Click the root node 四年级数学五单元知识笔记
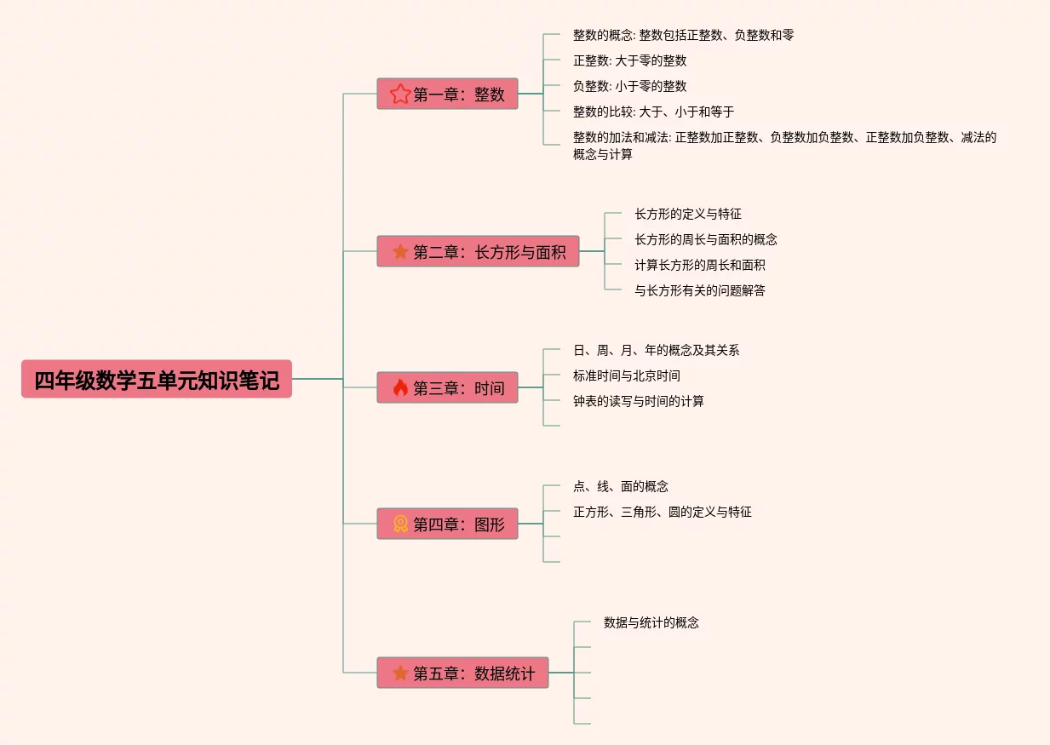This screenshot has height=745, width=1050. tap(157, 379)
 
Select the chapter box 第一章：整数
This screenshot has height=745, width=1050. tap(447, 94)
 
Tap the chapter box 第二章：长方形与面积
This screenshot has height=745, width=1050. tap(478, 251)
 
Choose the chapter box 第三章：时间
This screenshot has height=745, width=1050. tap(447, 387)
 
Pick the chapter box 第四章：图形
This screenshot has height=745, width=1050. tap(447, 524)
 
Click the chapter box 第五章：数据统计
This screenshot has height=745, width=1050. tap(462, 673)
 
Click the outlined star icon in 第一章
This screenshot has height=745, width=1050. tap(400, 94)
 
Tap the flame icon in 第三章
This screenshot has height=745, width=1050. tap(400, 387)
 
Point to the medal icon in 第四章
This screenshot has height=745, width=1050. tap(400, 524)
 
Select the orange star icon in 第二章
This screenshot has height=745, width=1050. tap(400, 252)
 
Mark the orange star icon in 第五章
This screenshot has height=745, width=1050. tap(400, 673)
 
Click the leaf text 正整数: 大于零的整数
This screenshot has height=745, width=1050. tap(629, 60)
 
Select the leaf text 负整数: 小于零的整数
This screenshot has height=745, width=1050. tap(629, 86)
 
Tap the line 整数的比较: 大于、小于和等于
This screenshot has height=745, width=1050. tap(653, 112)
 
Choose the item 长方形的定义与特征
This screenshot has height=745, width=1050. tap(688, 214)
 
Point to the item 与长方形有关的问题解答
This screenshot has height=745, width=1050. tap(700, 290)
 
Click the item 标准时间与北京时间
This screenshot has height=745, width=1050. tap(627, 375)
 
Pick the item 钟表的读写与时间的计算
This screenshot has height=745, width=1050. tap(639, 401)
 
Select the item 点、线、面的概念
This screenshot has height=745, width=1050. tap(621, 486)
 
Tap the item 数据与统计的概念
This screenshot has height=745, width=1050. tap(651, 622)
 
